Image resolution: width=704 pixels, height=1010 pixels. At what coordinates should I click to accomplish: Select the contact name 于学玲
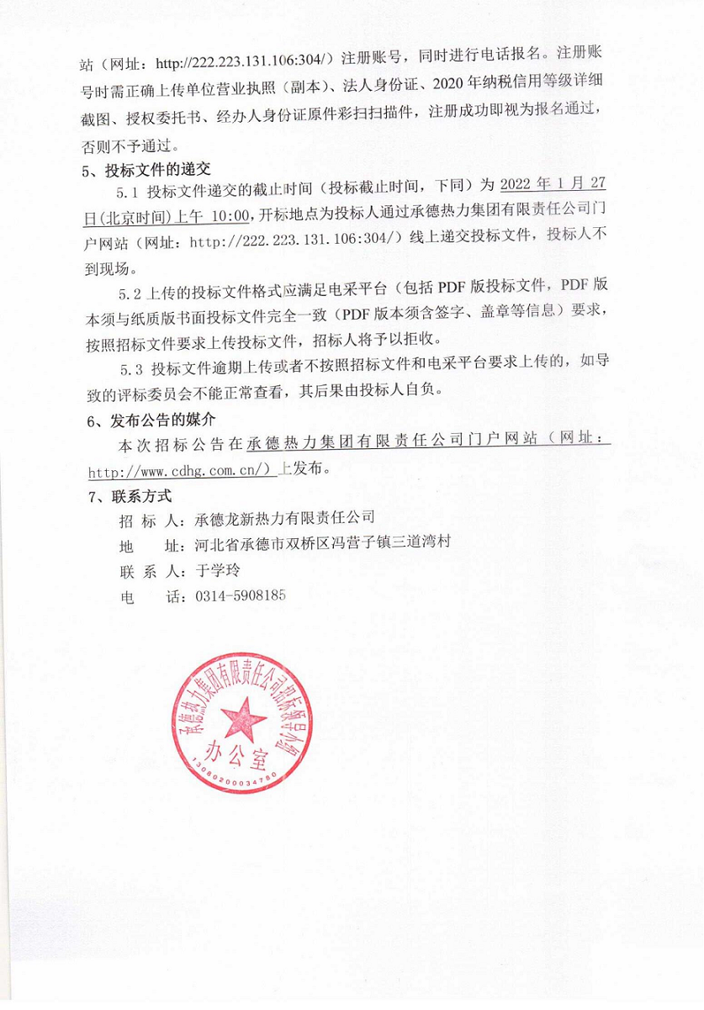217,569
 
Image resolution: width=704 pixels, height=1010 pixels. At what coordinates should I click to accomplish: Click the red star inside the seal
241,720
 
